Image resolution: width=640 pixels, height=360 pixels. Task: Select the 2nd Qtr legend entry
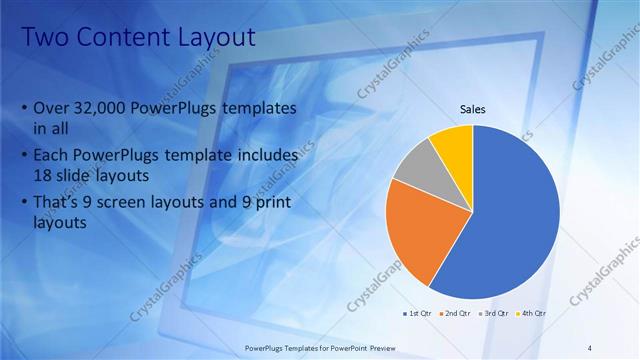tap(455, 313)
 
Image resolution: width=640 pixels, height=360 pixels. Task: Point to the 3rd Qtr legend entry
tap(494, 313)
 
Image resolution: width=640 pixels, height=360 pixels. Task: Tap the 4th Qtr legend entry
tap(532, 313)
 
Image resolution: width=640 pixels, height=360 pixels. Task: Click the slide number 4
tap(590, 346)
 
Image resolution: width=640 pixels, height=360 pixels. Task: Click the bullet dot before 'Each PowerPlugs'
tap(24, 156)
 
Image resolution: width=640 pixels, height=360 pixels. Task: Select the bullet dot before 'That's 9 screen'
tap(24, 204)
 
